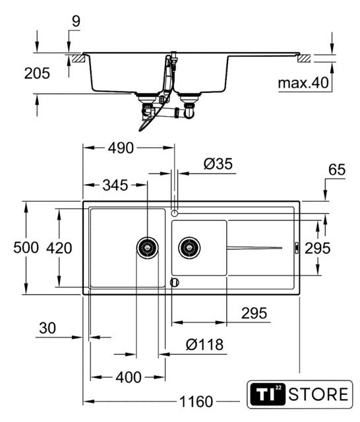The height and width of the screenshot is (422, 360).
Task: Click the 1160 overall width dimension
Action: [x=196, y=402]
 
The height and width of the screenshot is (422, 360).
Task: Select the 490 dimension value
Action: [x=121, y=148]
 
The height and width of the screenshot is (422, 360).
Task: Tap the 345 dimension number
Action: [x=115, y=185]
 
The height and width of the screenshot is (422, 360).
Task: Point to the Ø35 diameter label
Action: [x=218, y=164]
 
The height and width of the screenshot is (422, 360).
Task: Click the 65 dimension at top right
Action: [x=336, y=169]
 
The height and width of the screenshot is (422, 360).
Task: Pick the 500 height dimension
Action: [x=26, y=248]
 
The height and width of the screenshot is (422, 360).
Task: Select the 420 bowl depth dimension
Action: [x=59, y=248]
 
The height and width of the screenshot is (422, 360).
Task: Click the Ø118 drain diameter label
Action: [x=204, y=344]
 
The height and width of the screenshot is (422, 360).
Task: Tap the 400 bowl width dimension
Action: [x=129, y=377]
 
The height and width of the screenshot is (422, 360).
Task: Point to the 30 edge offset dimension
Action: [x=47, y=328]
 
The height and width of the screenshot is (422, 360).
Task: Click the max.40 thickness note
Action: [x=303, y=83]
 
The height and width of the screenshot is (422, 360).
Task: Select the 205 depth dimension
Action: [x=37, y=73]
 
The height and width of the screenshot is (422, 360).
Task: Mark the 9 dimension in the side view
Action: [x=76, y=22]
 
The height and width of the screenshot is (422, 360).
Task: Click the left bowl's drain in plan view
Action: [x=147, y=248]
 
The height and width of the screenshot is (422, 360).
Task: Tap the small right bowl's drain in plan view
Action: [x=189, y=248]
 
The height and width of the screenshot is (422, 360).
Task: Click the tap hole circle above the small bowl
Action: [x=175, y=213]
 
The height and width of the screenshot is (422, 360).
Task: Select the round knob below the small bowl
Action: [x=175, y=282]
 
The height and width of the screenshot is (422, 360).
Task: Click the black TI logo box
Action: [x=267, y=394]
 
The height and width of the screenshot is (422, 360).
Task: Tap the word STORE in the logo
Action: [x=318, y=394]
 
